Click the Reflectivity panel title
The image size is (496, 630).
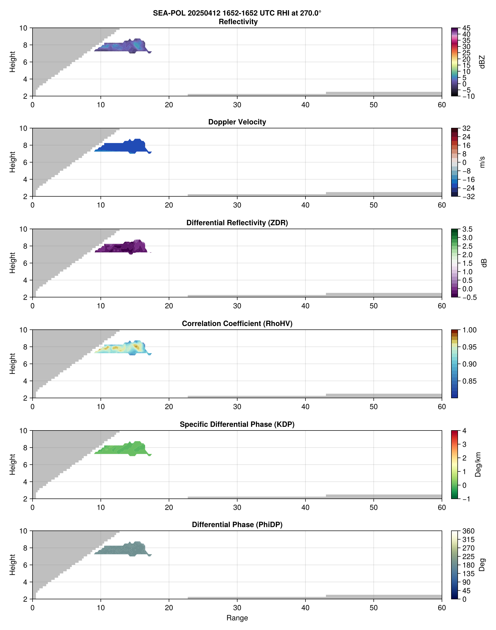[x=238, y=22]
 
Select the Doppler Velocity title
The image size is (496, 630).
[x=237, y=122]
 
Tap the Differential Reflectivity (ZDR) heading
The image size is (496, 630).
[x=237, y=223]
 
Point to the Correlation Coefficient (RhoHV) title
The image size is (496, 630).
[x=237, y=324]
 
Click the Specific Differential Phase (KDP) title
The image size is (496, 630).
[x=237, y=424]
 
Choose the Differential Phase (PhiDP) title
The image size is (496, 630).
[x=237, y=524]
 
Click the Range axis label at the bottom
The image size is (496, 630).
[x=237, y=618]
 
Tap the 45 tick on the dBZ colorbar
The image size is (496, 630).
[x=466, y=28]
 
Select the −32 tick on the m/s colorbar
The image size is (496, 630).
[x=468, y=197]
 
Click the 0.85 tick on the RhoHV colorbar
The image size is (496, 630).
[x=469, y=381]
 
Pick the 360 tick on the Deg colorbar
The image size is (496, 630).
[x=468, y=531]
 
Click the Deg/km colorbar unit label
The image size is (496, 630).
[x=478, y=464]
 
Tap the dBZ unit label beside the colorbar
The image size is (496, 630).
[x=482, y=62]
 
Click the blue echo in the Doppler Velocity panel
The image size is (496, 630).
[x=122, y=147]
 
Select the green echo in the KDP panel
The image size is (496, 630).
[x=122, y=450]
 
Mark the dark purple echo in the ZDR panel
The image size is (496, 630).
[x=122, y=248]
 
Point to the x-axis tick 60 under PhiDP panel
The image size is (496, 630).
[x=441, y=608]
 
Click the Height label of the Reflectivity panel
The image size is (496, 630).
[x=12, y=62]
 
